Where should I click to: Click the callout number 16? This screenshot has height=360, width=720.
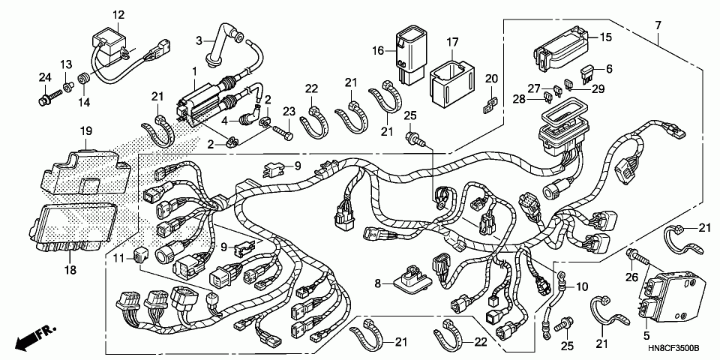[378, 50]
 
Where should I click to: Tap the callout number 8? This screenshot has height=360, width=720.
[378, 283]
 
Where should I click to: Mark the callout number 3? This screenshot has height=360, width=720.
[200, 40]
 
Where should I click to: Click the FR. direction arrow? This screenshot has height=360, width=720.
[29, 335]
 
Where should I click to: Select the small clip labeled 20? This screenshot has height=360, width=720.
[490, 103]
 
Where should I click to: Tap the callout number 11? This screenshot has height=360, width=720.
[118, 258]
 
